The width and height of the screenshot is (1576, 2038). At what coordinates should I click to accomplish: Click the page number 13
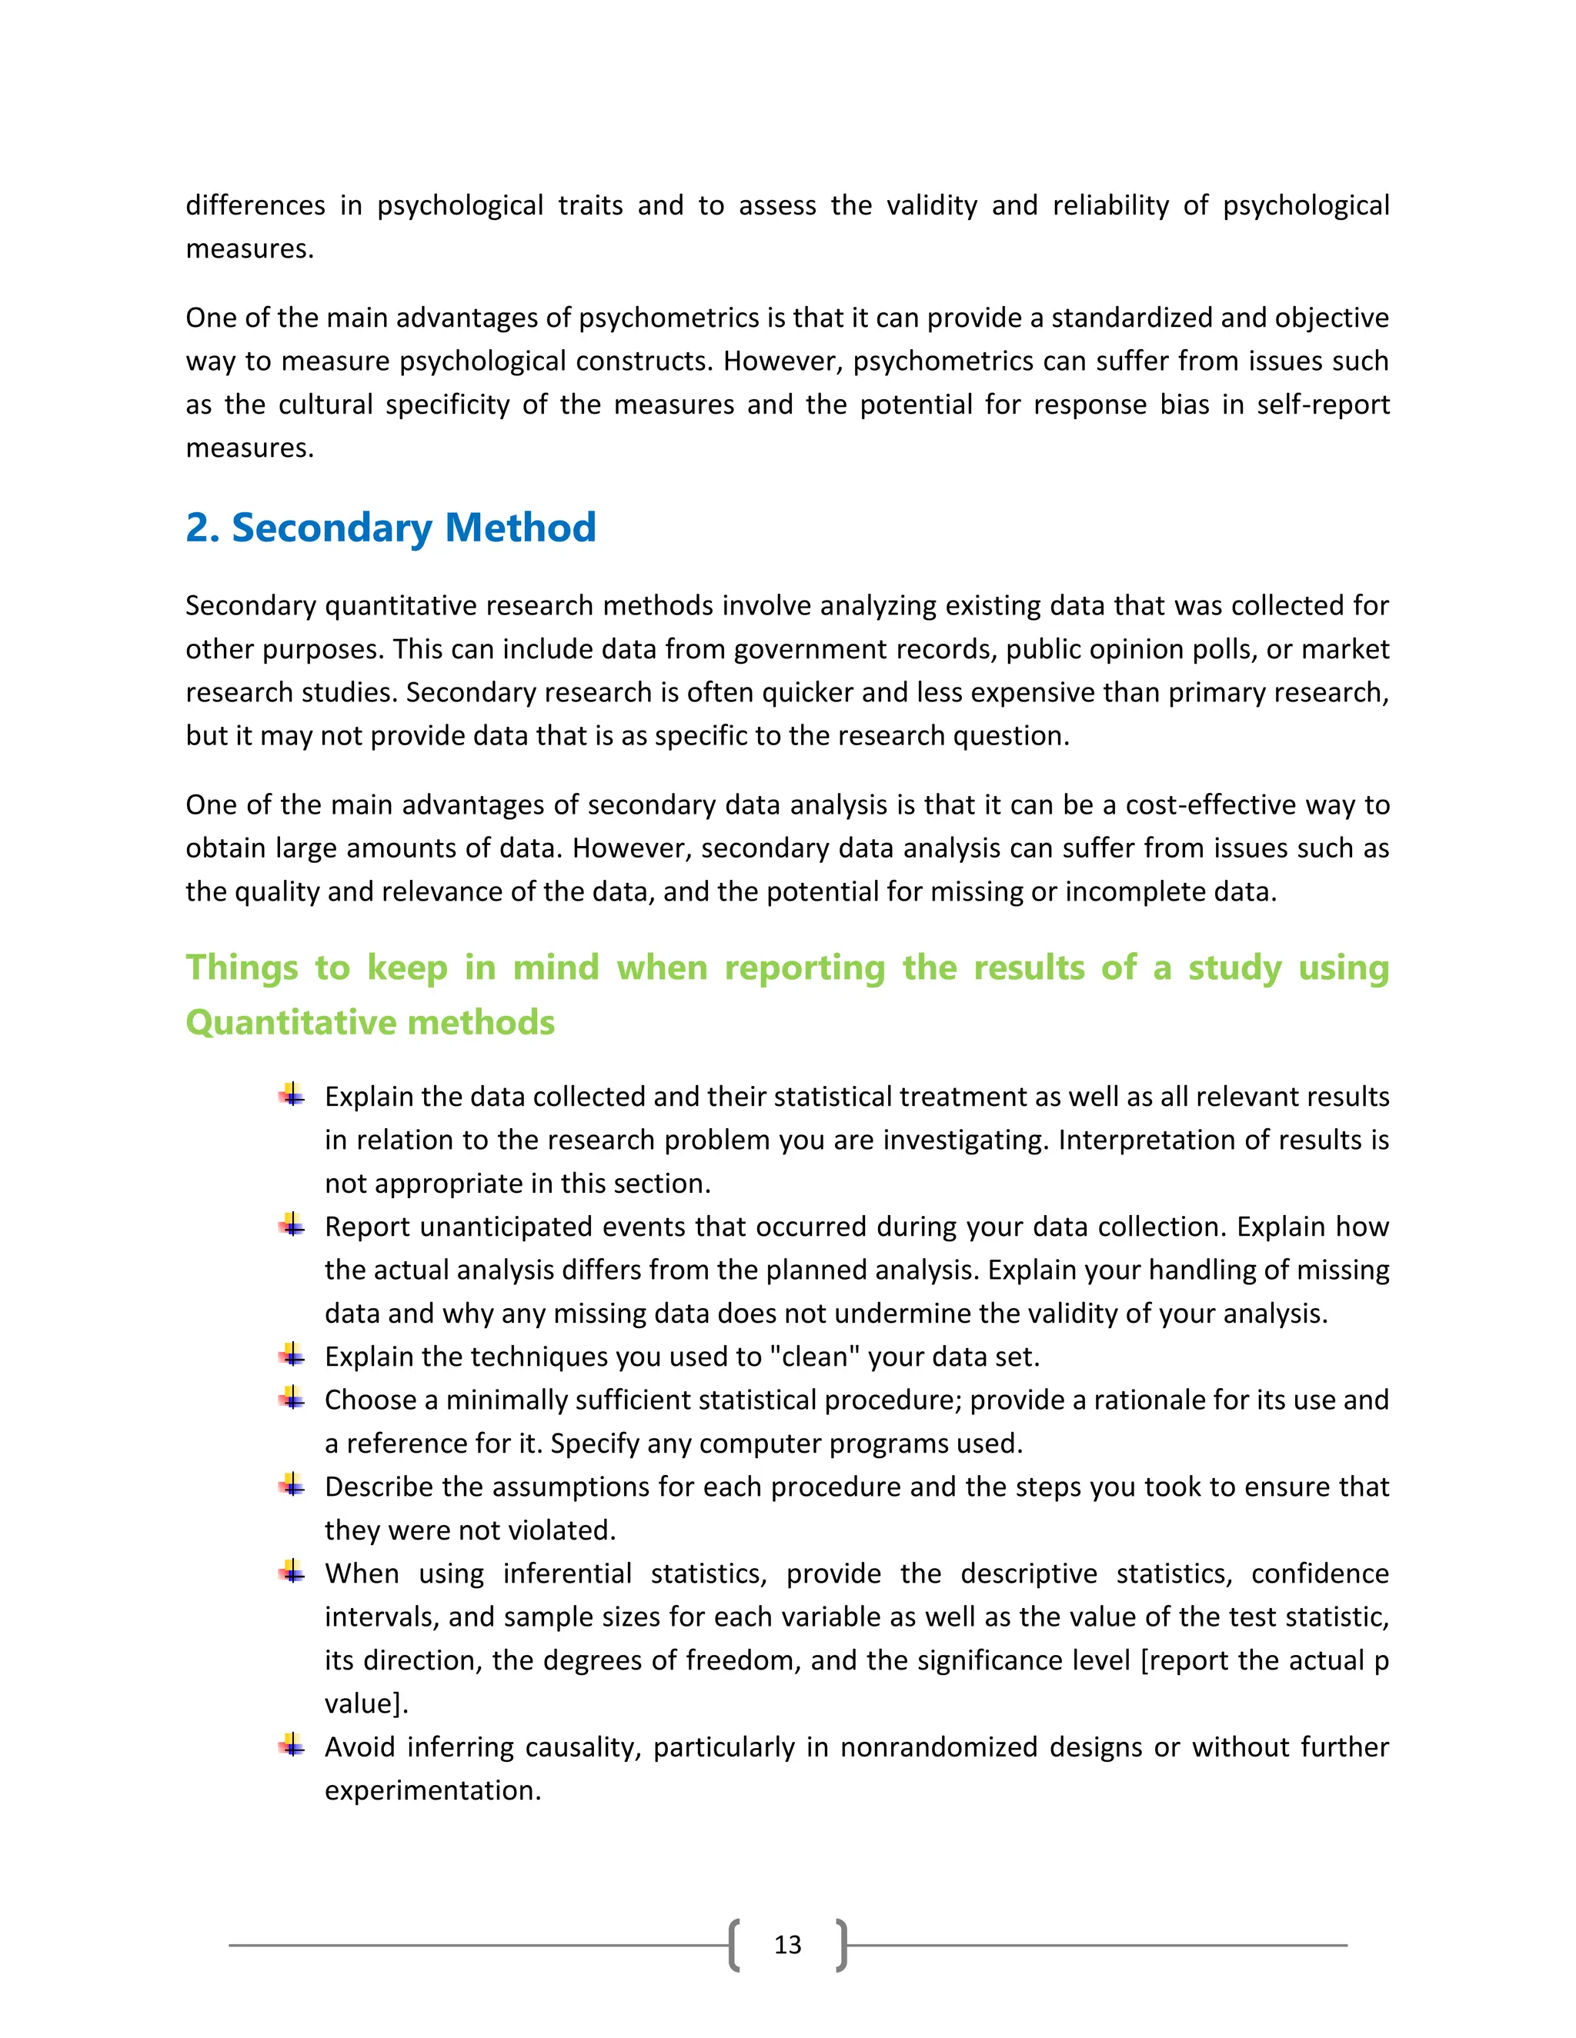click(787, 1945)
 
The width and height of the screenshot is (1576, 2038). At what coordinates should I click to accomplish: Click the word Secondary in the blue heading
click(332, 528)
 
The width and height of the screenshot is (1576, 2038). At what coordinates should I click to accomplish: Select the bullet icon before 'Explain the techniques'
click(292, 1354)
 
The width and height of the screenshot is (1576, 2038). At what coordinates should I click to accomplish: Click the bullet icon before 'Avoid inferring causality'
click(292, 1745)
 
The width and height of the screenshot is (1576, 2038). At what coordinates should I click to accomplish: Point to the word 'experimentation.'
click(432, 1790)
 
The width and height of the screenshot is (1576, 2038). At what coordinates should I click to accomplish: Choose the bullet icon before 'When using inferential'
click(292, 1571)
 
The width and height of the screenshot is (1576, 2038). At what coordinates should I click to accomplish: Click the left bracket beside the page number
click(735, 1945)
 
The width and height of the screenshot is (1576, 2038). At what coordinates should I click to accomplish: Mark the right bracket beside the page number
click(841, 1945)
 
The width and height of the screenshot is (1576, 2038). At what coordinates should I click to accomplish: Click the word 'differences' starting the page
click(255, 205)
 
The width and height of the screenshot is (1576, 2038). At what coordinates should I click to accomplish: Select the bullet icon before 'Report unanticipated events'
click(292, 1224)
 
